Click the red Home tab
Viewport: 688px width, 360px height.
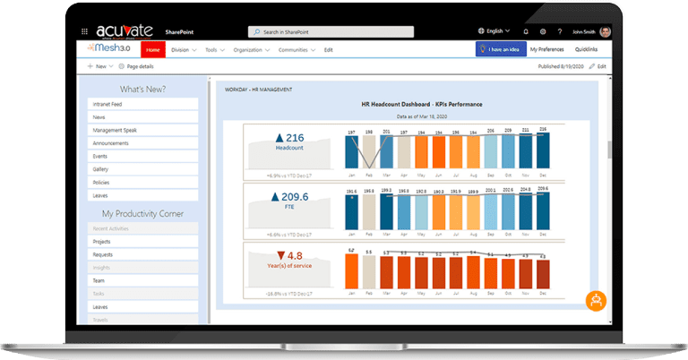tap(153, 50)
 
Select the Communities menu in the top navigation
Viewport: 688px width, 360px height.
tap(295, 50)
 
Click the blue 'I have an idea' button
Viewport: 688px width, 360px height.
tap(500, 50)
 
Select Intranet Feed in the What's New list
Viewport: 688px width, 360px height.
tap(143, 104)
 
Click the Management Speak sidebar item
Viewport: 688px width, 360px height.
tap(143, 130)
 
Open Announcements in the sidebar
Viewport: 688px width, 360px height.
tap(143, 143)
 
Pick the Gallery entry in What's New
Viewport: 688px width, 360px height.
tap(143, 169)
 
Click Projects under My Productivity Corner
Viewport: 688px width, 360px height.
tap(143, 242)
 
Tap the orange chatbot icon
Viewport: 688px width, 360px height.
tap(598, 302)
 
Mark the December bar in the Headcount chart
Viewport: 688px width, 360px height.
tap(543, 151)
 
